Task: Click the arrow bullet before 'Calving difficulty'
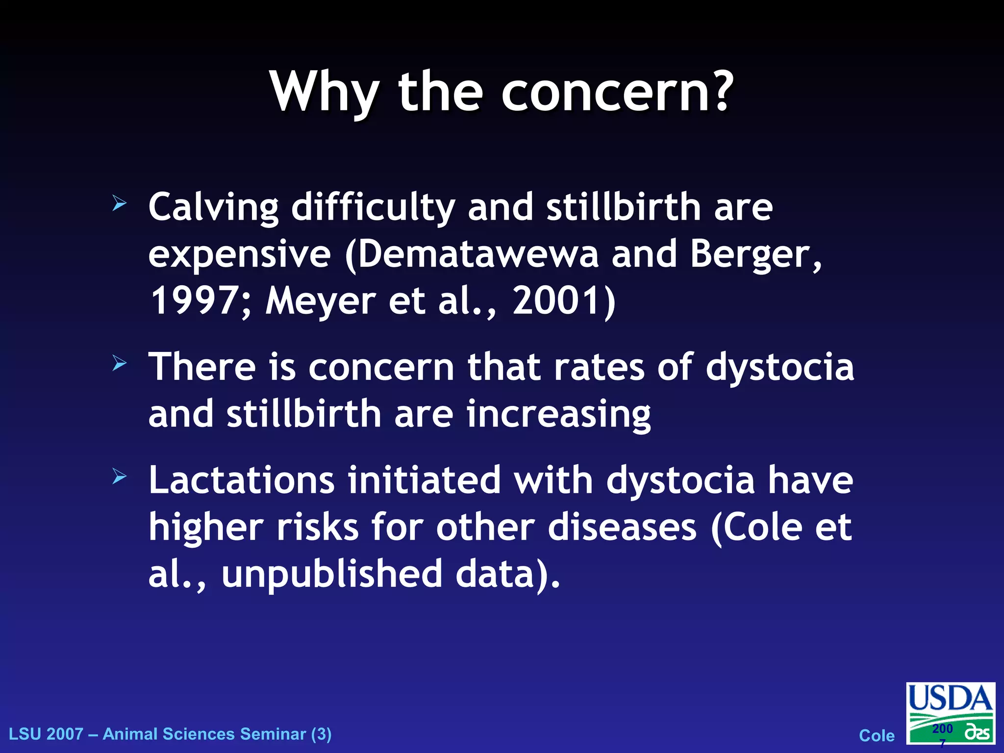[119, 203]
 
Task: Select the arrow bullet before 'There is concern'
[119, 363]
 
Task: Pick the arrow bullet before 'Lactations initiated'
[119, 476]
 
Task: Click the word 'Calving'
[213, 208]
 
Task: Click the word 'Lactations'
[242, 480]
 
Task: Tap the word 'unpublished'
[332, 574]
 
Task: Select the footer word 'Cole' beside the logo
[877, 736]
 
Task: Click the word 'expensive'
[239, 255]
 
